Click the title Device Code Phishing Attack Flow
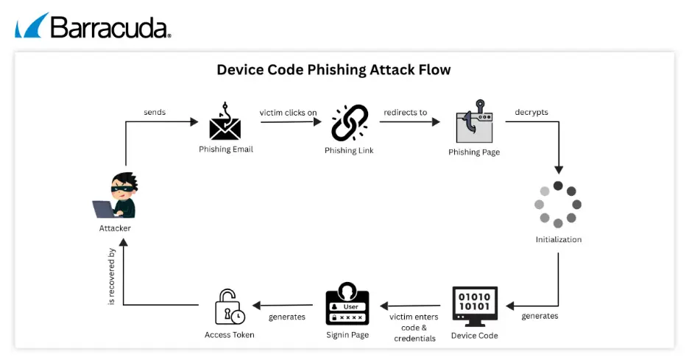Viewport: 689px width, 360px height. [333, 70]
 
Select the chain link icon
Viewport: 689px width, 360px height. [349, 124]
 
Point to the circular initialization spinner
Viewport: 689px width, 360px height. [558, 204]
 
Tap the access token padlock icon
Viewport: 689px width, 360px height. [229, 306]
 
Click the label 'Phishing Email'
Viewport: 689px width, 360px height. [225, 149]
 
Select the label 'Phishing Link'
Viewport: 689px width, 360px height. [349, 150]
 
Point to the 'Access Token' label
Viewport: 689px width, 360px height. [229, 335]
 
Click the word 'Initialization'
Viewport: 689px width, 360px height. [558, 239]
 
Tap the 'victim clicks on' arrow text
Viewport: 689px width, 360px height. [288, 113]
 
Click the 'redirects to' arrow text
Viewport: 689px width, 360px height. [405, 113]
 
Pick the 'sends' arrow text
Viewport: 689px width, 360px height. [155, 113]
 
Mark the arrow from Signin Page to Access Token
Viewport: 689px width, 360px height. [283, 305]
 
